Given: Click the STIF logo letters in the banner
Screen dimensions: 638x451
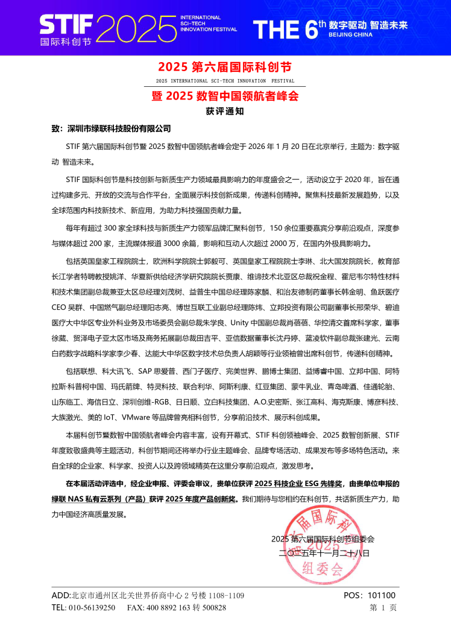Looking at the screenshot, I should click(x=65, y=25).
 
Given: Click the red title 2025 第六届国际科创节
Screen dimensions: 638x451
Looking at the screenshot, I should click(x=225, y=66).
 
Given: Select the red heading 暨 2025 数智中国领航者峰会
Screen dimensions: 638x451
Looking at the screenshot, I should click(x=225, y=96).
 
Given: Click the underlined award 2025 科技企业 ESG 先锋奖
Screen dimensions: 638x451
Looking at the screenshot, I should click(x=299, y=467).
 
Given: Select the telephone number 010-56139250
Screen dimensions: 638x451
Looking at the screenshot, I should click(x=90, y=608).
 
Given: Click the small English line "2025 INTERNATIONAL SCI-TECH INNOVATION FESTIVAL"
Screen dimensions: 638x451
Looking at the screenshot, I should click(x=225, y=80).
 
